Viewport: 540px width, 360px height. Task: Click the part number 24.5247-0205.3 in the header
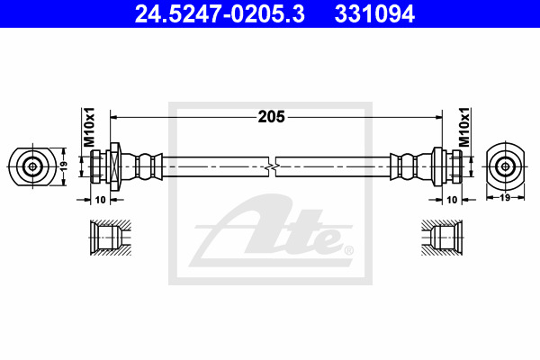[x=220, y=14]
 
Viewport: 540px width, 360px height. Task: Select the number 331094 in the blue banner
[x=374, y=14]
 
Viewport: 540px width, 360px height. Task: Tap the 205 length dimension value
[x=272, y=117]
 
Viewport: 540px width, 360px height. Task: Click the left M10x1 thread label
[x=88, y=127]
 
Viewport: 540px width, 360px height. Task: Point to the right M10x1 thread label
[x=463, y=127]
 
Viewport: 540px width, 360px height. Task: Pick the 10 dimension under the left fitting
[x=100, y=200]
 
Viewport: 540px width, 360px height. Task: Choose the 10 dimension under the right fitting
[x=452, y=200]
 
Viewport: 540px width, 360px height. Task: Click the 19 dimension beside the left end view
[x=64, y=166]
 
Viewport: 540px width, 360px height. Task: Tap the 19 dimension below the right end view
[x=505, y=198]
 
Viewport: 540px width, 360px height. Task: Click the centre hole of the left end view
[x=32, y=167]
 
